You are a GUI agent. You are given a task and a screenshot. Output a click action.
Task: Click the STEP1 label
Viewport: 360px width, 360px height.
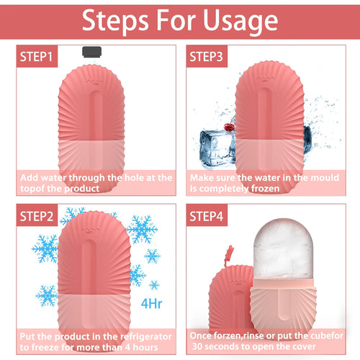tap(35, 55)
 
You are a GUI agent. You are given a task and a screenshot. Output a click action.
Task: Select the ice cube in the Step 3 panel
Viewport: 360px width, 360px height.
tap(215, 143)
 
